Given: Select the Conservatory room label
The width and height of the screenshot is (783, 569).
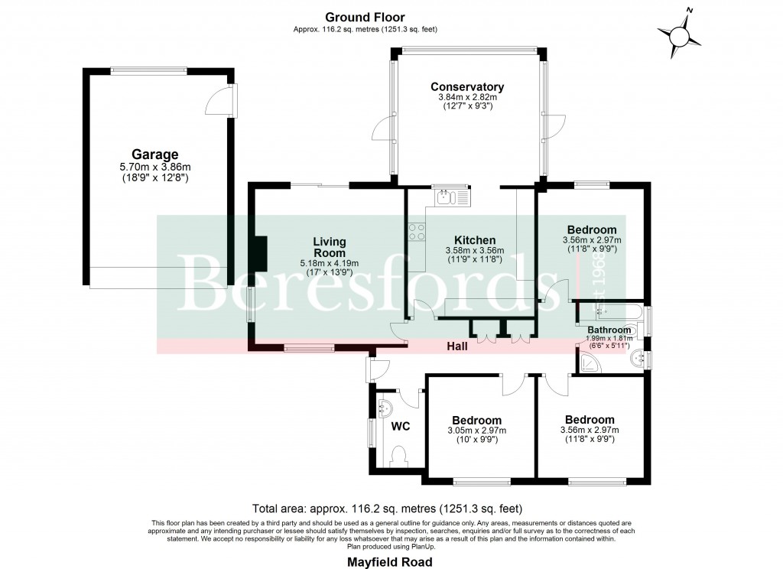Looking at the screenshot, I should (466, 86).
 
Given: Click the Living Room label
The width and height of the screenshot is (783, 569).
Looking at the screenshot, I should (329, 247).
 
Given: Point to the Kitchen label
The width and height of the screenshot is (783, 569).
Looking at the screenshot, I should (475, 240).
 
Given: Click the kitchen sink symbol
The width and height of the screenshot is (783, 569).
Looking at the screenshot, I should (444, 198).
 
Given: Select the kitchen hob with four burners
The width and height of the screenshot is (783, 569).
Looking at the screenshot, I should (417, 232).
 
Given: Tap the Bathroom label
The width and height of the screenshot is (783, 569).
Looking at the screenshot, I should (609, 330).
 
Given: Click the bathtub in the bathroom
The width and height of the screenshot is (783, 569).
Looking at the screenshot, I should (612, 312).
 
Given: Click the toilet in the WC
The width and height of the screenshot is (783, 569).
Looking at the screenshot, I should (398, 457).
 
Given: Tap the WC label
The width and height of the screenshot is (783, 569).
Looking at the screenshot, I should (401, 426).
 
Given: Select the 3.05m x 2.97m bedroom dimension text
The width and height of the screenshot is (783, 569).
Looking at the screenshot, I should (476, 430).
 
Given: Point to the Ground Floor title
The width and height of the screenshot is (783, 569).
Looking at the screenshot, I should (365, 17).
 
